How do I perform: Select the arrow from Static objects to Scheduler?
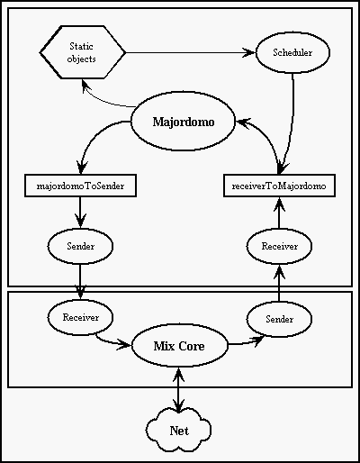[x=191, y=52]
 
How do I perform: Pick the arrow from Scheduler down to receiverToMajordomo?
[x=291, y=123]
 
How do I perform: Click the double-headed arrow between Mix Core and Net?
[x=179, y=390]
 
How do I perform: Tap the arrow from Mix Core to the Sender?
[x=246, y=342]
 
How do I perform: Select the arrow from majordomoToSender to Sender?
[x=80, y=213]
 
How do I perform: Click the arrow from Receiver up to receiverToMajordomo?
[x=279, y=213]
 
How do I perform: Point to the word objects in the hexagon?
[x=82, y=59]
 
